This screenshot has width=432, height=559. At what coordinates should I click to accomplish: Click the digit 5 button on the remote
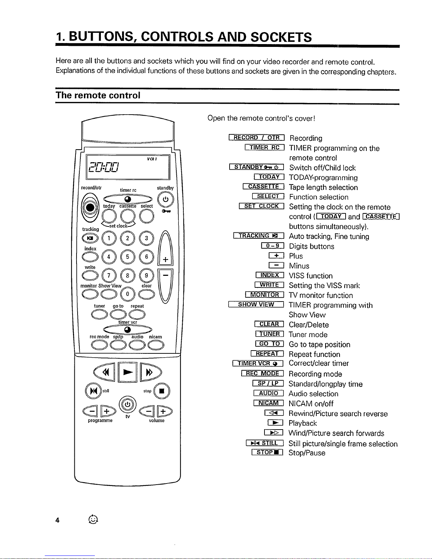pyautogui.click(x=128, y=257)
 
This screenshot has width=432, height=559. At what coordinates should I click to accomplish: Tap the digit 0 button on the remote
pyautogui.click(x=128, y=293)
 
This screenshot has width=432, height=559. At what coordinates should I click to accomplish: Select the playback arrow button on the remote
pyautogui.click(x=128, y=372)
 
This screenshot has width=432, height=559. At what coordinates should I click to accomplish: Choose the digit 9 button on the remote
pyautogui.click(x=146, y=275)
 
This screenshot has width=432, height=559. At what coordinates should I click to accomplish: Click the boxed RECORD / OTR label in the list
pyautogui.click(x=256, y=138)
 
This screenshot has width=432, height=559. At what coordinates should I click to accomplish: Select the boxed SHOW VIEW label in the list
pyautogui.click(x=256, y=305)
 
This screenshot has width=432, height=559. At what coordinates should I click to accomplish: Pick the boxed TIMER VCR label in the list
pyautogui.click(x=258, y=363)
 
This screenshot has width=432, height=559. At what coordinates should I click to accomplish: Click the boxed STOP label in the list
pyautogui.click(x=267, y=452)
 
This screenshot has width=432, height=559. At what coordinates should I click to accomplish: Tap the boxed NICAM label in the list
pyautogui.click(x=268, y=403)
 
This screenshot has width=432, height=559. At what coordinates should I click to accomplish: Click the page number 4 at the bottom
pyautogui.click(x=57, y=520)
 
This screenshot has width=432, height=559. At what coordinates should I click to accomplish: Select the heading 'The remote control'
pyautogui.click(x=98, y=95)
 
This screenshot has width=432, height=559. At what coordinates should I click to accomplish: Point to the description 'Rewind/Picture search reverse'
pyautogui.click(x=338, y=414)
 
